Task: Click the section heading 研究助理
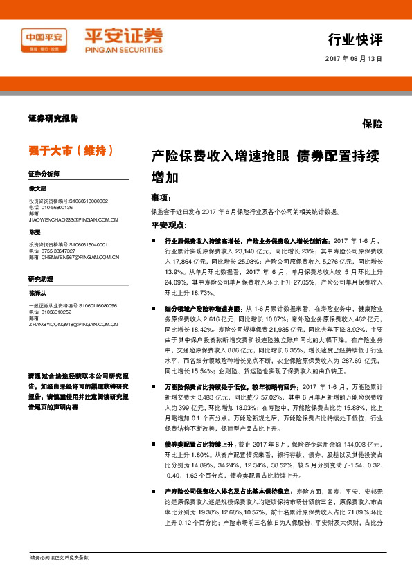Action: pyautogui.click(x=41, y=278)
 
